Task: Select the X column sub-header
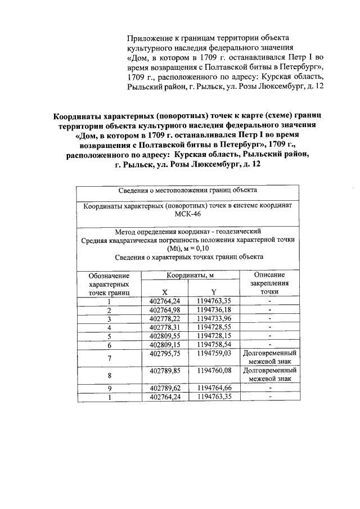point(164,292)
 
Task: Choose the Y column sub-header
point(214,292)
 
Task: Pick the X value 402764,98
point(164,309)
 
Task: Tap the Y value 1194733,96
point(214,318)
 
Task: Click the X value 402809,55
point(164,335)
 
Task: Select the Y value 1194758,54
point(214,344)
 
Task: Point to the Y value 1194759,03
point(214,353)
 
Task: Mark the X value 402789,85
point(164,371)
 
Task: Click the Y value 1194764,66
point(214,388)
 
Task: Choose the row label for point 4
point(109,327)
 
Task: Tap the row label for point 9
point(109,389)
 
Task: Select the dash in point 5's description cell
point(270,335)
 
